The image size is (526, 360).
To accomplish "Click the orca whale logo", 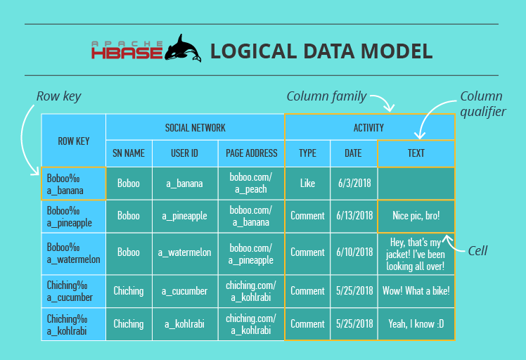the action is [x=183, y=49].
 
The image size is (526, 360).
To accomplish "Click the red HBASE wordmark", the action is [x=127, y=53].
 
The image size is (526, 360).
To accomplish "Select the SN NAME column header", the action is [x=129, y=153].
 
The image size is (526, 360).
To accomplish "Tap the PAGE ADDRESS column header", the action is [x=252, y=153].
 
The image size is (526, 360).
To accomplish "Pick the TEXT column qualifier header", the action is [x=416, y=153].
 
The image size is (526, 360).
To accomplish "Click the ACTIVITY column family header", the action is [x=369, y=127].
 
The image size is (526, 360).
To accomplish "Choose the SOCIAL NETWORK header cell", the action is [x=195, y=127].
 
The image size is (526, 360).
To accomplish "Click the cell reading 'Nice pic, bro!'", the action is [x=416, y=216].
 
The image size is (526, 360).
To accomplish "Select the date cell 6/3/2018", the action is [x=354, y=184].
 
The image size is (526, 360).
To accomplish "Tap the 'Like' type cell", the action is [x=307, y=184].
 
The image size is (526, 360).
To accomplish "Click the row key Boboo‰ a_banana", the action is [x=73, y=184].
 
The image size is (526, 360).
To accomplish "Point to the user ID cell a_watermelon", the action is [x=185, y=253].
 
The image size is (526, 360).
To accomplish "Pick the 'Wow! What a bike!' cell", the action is [x=416, y=291].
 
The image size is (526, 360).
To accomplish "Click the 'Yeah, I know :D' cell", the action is [x=416, y=324].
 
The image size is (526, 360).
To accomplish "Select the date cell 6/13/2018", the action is [x=354, y=216].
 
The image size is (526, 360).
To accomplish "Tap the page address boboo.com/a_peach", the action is [x=251, y=184].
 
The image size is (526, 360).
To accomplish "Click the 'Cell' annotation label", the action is [x=477, y=250].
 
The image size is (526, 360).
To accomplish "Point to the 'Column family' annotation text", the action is [x=326, y=96].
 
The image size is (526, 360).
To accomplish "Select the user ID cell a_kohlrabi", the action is [x=185, y=324].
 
